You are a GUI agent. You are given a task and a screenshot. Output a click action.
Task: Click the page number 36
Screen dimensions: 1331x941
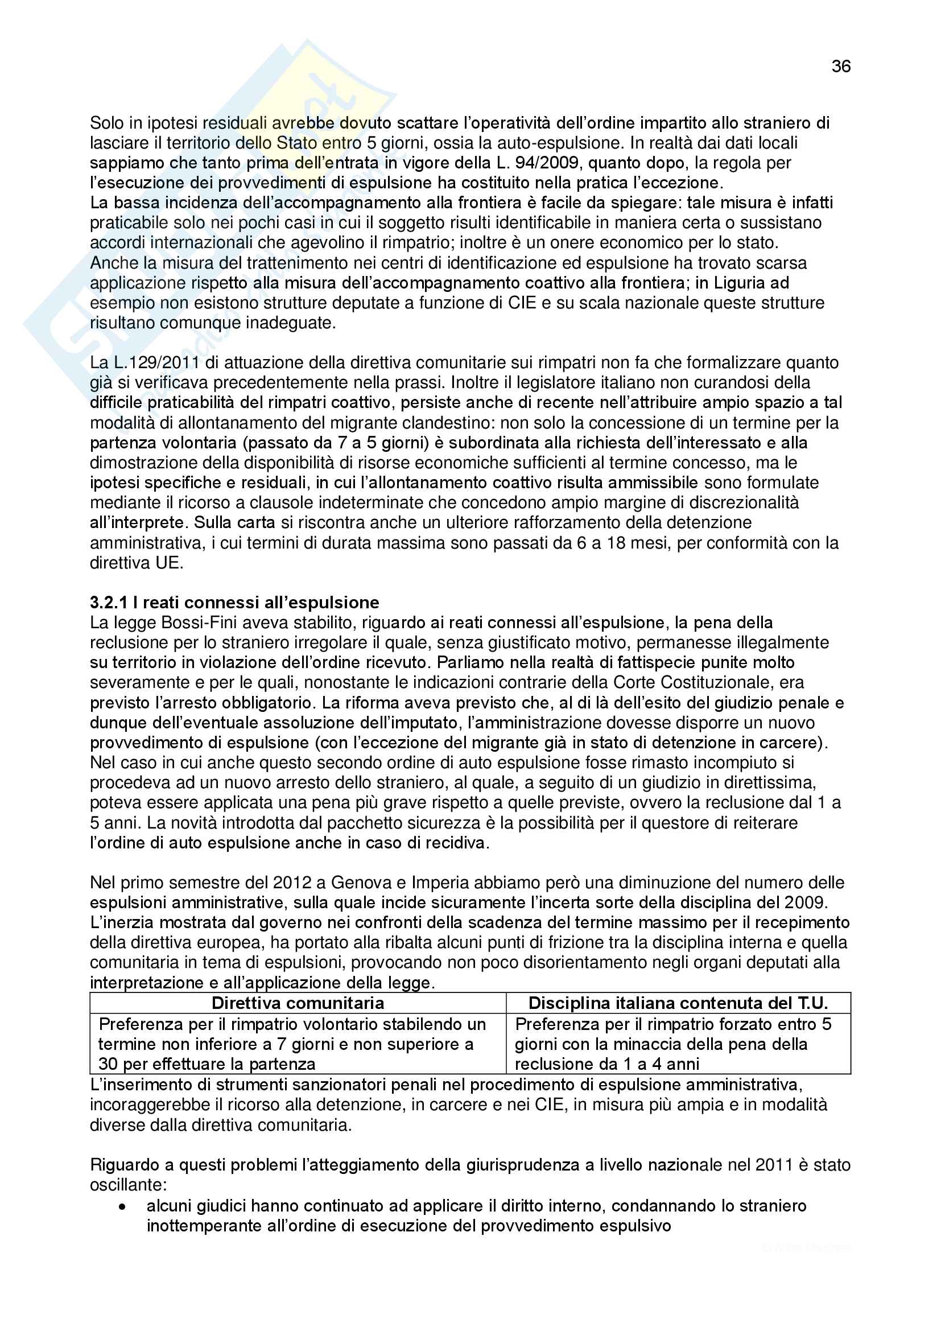(841, 67)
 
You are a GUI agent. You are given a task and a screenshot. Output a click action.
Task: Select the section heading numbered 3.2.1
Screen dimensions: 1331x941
(234, 602)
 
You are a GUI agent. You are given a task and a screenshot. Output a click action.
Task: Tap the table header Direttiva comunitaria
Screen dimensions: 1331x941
(298, 1003)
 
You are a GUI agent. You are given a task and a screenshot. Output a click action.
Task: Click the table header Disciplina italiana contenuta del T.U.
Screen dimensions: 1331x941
(678, 1003)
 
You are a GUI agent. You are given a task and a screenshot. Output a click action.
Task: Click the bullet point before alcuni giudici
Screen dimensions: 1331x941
(122, 1206)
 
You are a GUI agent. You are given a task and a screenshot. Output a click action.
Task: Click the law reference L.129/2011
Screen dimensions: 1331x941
(145, 363)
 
